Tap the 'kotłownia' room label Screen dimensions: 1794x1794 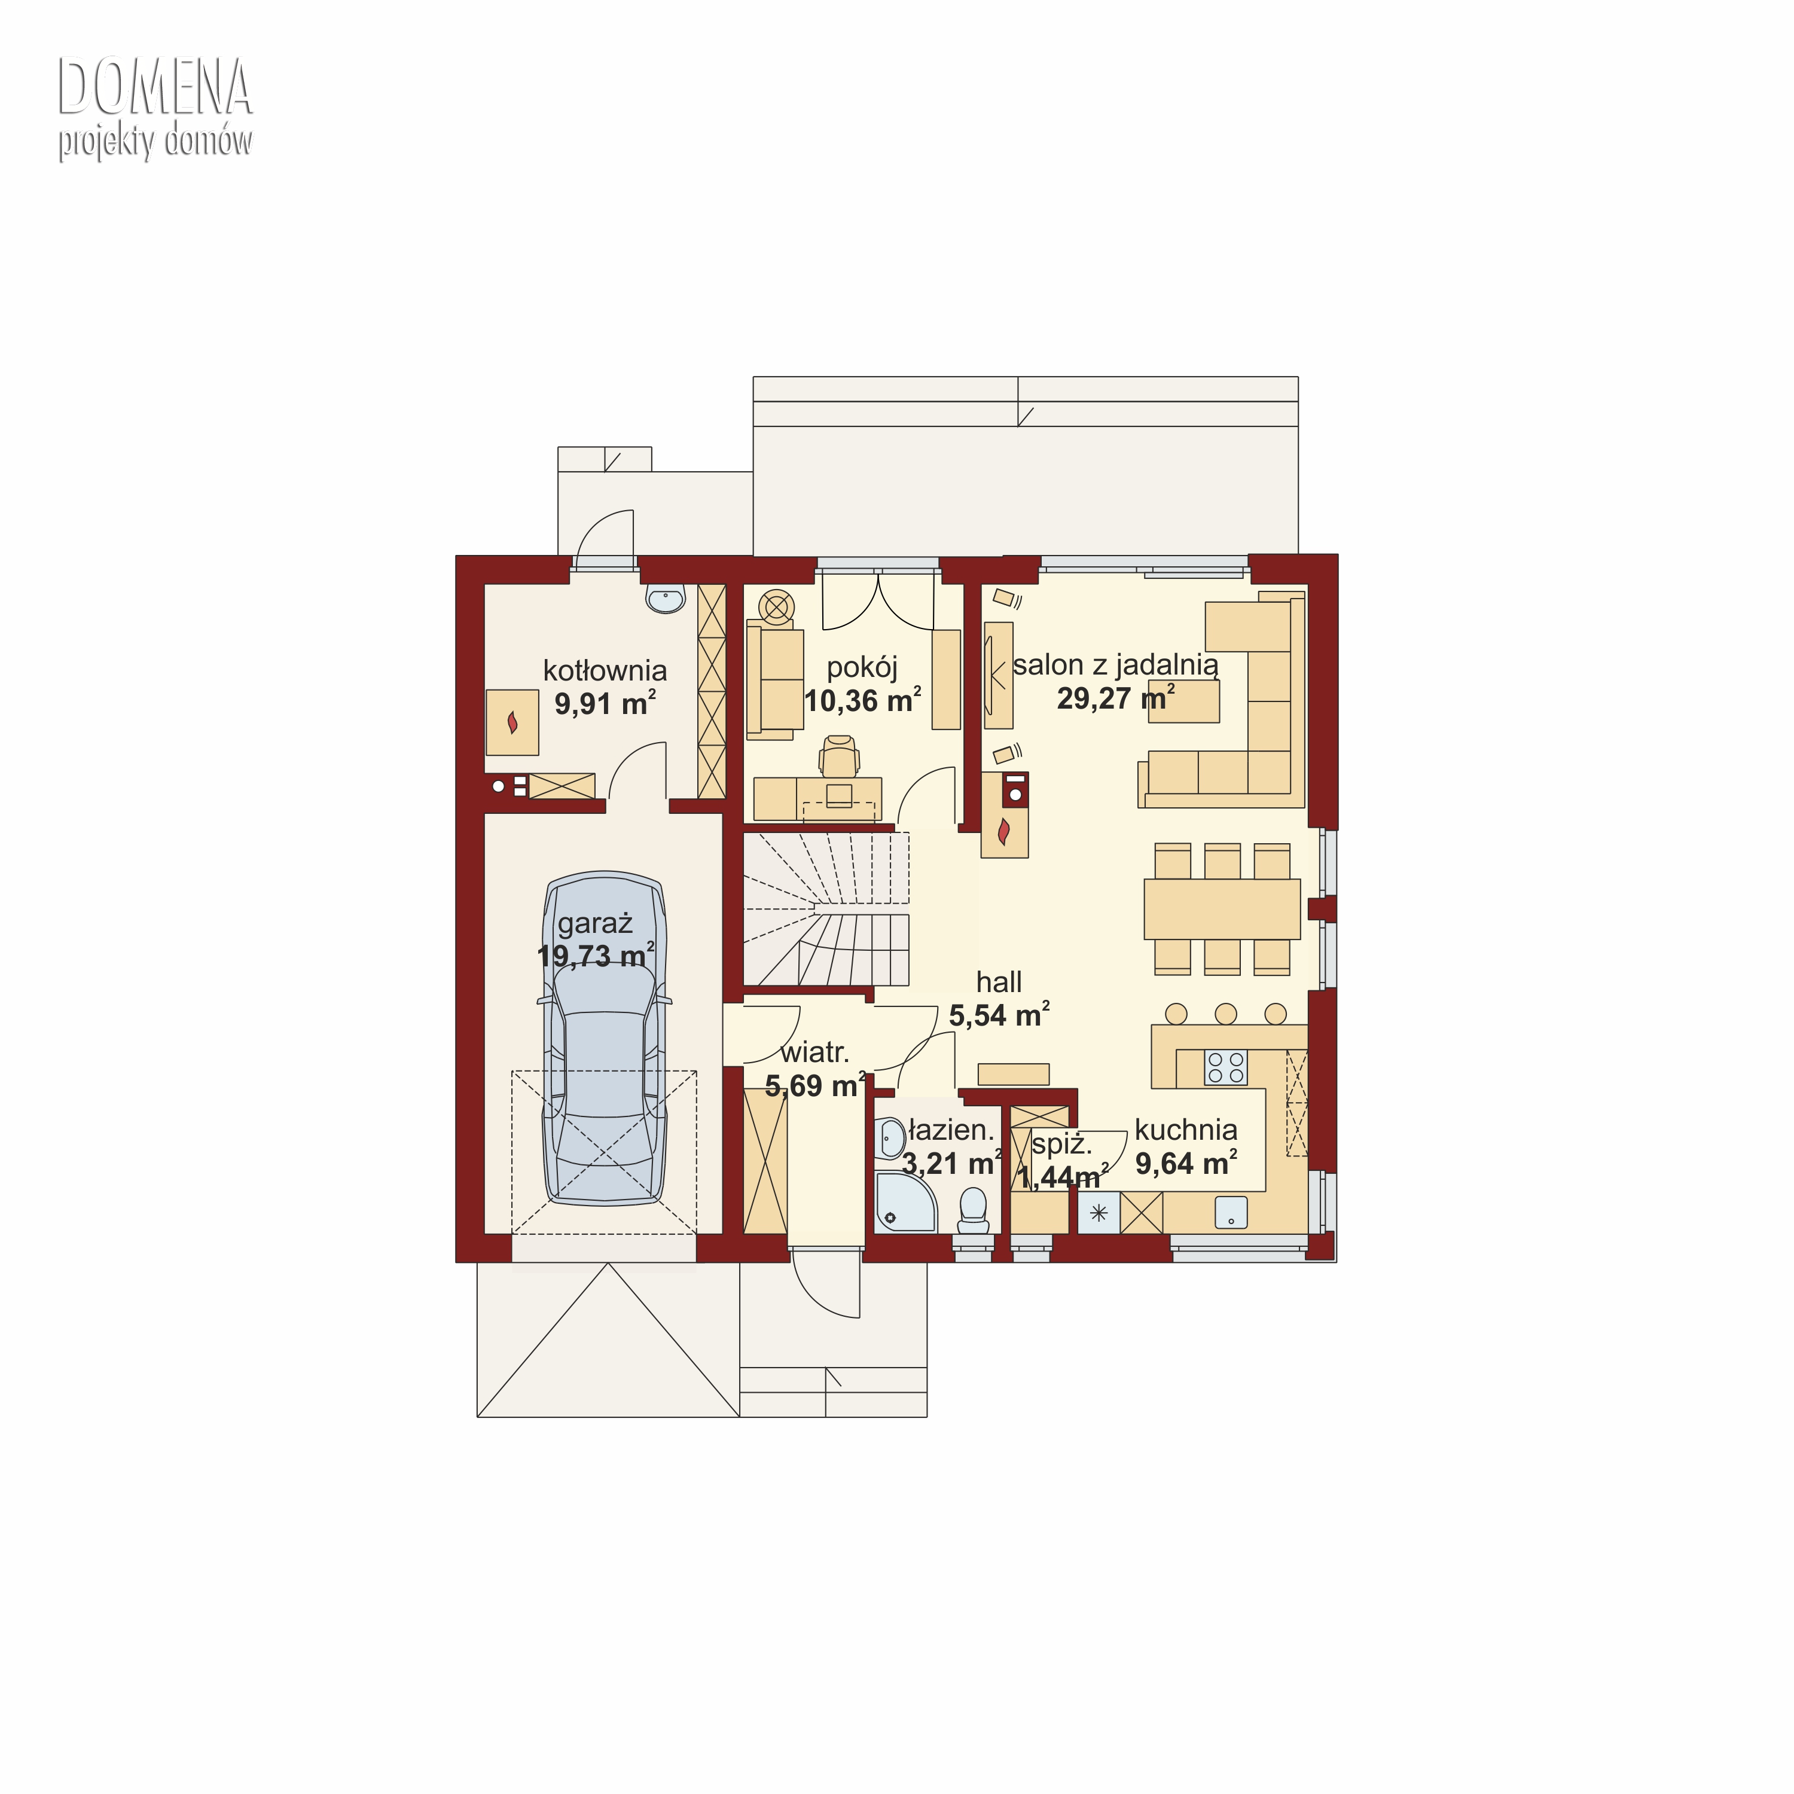[x=605, y=670]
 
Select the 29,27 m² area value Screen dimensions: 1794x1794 [x=1115, y=697]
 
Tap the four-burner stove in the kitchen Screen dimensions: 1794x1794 [x=1226, y=1067]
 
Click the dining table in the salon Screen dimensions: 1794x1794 [x=1222, y=909]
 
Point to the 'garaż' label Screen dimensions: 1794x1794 [x=595, y=923]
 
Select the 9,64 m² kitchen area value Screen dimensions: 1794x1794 [x=1186, y=1163]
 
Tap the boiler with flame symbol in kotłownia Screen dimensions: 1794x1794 [x=512, y=722]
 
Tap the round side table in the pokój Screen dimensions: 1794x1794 [x=776, y=608]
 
